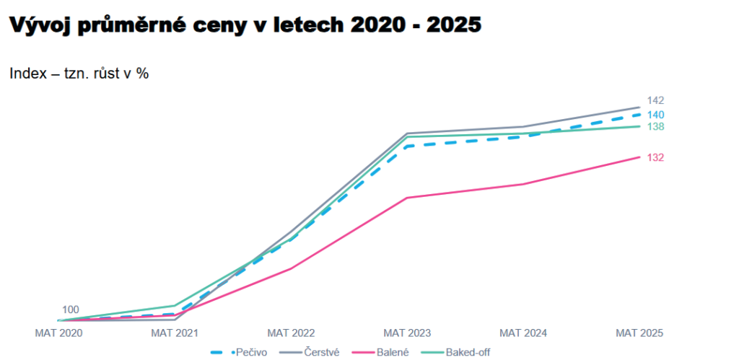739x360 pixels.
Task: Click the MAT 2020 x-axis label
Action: coord(59,333)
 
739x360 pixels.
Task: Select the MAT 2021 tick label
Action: coord(175,333)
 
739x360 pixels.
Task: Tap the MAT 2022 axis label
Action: coord(291,333)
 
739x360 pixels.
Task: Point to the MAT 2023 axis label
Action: coord(407,333)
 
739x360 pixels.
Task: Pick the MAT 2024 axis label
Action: coord(523,333)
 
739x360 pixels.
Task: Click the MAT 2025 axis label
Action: coord(639,333)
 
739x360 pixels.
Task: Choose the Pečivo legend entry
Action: coord(245,352)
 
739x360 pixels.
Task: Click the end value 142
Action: coord(655,100)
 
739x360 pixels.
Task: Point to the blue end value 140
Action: coord(655,115)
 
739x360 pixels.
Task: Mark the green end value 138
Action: coord(655,127)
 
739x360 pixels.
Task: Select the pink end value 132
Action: coord(655,157)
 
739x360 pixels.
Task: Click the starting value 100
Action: coord(71,309)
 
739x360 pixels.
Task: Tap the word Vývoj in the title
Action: coord(40,25)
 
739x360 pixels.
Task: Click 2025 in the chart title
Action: coord(453,25)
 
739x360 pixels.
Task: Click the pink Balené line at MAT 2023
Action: coord(407,198)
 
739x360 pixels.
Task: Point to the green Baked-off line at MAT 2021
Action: coord(175,305)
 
